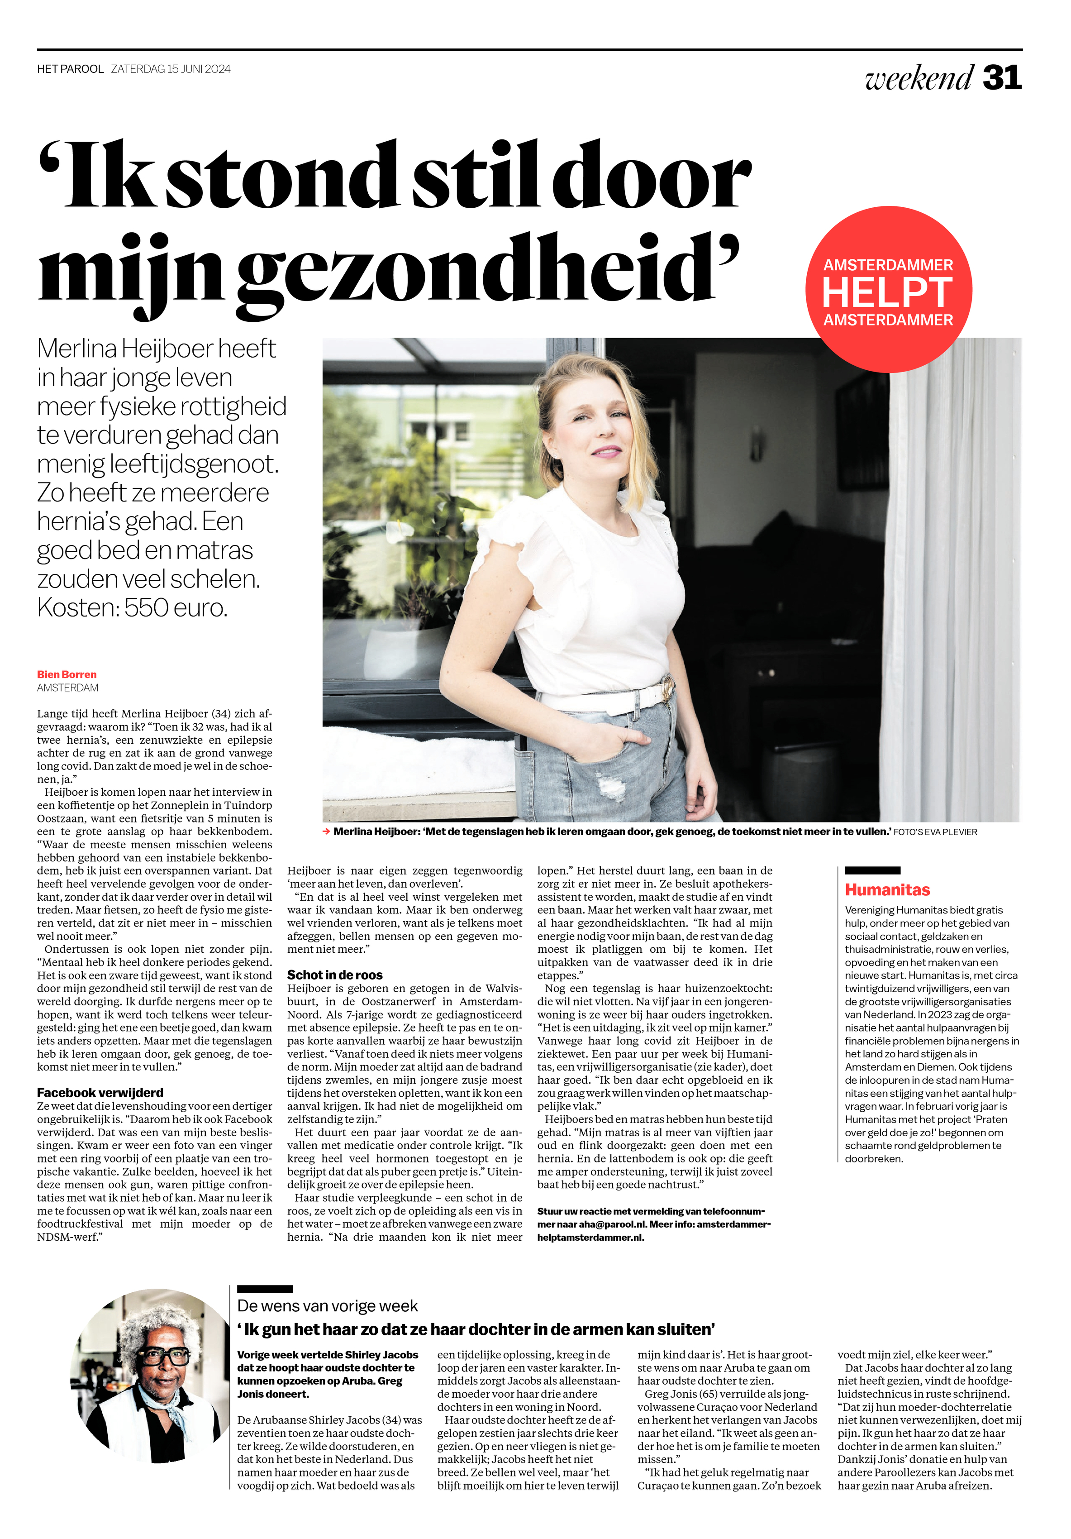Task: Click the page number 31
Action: (x=1001, y=78)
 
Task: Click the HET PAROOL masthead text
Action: (x=71, y=69)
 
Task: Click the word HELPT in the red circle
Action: (x=887, y=293)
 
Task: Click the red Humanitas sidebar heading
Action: (x=887, y=889)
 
